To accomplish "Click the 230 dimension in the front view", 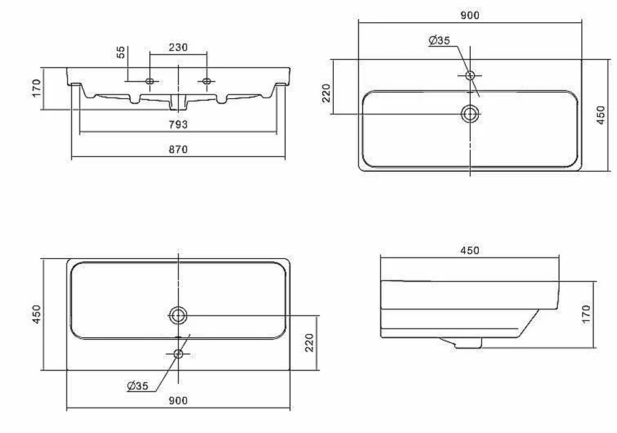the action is tap(178, 48).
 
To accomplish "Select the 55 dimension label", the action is tap(121, 52).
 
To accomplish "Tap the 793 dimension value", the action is tap(178, 125).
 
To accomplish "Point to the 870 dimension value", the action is tap(178, 149).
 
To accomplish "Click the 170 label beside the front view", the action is tap(36, 88).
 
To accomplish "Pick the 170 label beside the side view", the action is tap(586, 314).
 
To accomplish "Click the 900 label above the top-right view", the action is tap(470, 15).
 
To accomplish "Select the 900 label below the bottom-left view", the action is tap(178, 401).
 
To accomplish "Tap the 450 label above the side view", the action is tap(470, 251).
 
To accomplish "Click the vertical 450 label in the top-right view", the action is tap(600, 115).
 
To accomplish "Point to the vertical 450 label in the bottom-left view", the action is tap(36, 314).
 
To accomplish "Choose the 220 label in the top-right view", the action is tap(326, 93).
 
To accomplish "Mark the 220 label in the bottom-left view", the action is tap(310, 342).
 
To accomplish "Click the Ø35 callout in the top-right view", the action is tap(439, 40).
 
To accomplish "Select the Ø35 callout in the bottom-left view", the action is tap(138, 385).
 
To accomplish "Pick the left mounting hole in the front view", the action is tap(149, 81).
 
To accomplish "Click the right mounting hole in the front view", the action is tap(207, 81).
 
